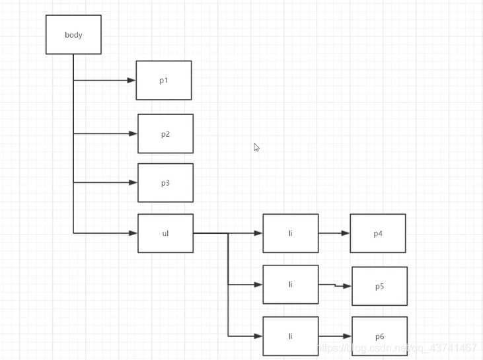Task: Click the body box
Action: coord(73,34)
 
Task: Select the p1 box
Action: coord(164,80)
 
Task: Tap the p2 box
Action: coord(165,133)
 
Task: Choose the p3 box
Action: coord(165,182)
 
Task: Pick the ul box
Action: coord(165,233)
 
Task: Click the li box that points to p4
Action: coord(290,233)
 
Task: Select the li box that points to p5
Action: coord(290,285)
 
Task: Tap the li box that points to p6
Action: coord(290,336)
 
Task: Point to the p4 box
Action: coord(378,233)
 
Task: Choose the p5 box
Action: coord(379,286)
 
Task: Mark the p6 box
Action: coord(379,336)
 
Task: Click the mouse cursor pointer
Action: coord(256,147)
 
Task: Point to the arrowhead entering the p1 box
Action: coord(131,80)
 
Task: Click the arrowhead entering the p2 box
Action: coord(133,133)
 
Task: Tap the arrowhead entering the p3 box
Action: coord(133,182)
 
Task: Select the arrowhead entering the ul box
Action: coord(133,233)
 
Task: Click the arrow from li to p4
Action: coord(334,233)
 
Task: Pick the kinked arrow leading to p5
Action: coord(335,285)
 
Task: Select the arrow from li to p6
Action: coord(335,336)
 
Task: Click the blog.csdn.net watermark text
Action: coord(396,347)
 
